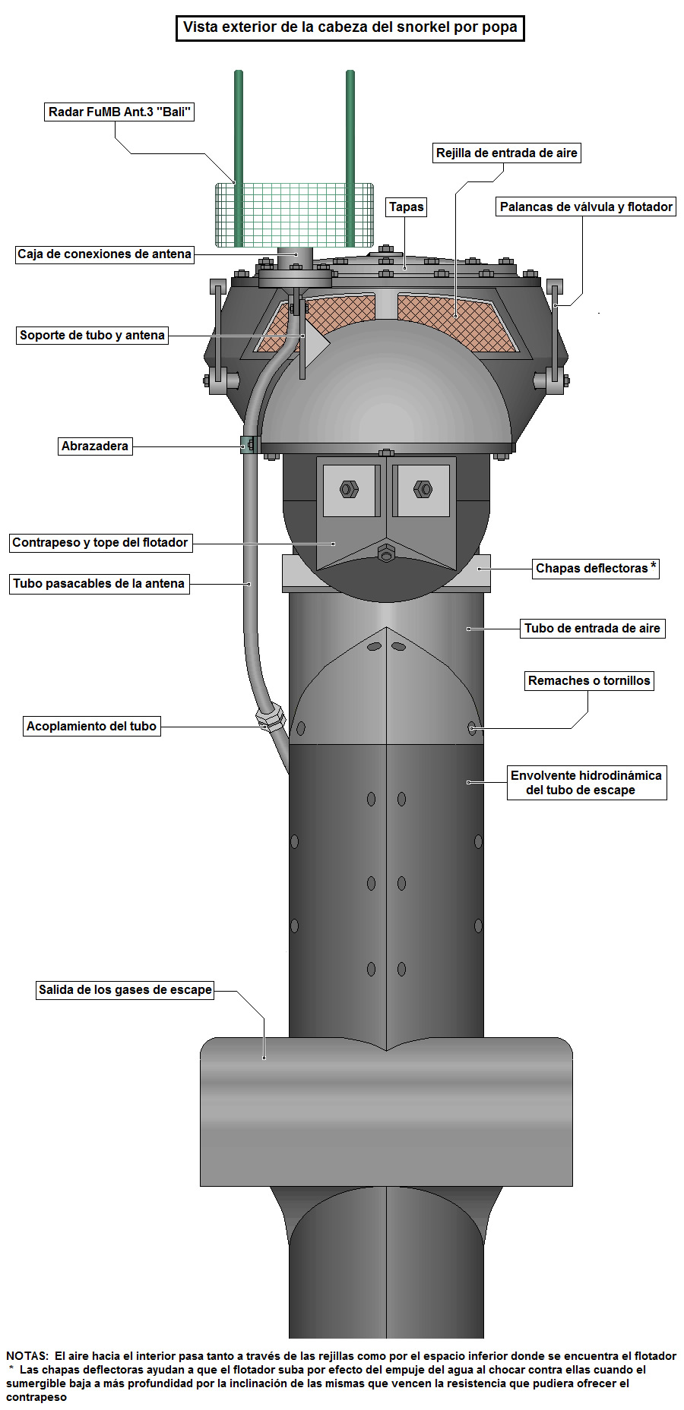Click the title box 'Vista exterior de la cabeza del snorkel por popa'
[350, 27]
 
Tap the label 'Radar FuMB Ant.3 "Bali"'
[119, 112]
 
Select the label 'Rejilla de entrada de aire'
[506, 153]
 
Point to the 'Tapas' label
[406, 207]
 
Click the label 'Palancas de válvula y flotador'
[586, 207]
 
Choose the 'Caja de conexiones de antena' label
[104, 254]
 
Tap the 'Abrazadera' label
[95, 446]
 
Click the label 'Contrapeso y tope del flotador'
[100, 542]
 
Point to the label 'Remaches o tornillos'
[589, 680]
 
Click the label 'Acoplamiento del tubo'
[91, 726]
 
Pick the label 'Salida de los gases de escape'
[125, 989]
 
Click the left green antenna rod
[239, 152]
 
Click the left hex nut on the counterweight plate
[350, 489]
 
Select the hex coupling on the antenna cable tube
[271, 718]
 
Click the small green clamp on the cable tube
[248, 445]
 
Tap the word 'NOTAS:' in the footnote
[27, 1355]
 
